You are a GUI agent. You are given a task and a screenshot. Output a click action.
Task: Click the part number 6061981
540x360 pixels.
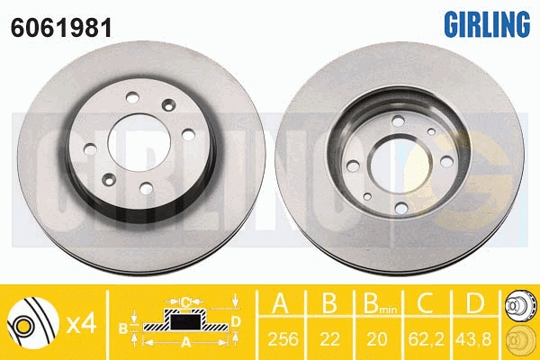pyautogui.click(x=61, y=28)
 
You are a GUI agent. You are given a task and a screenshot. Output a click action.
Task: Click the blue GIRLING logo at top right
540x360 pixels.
pyautogui.click(x=487, y=23)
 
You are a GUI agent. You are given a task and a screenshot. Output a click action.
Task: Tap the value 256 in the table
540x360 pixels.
pyautogui.click(x=283, y=339)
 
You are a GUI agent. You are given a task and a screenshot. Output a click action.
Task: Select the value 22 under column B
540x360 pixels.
pyautogui.click(x=329, y=339)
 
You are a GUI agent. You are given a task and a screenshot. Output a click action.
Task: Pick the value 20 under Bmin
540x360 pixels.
pyautogui.click(x=377, y=339)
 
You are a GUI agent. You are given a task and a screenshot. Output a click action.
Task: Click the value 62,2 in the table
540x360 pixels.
pyautogui.click(x=427, y=339)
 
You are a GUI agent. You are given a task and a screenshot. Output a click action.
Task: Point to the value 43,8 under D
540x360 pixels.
pyautogui.click(x=474, y=339)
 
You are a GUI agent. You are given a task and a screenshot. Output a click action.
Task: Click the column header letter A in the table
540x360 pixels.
pyautogui.click(x=280, y=303)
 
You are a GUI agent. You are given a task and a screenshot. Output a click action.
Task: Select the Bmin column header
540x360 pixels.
pyautogui.click(x=380, y=303)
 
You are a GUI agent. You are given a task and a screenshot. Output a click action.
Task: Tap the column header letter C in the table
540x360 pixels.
pyautogui.click(x=426, y=303)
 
